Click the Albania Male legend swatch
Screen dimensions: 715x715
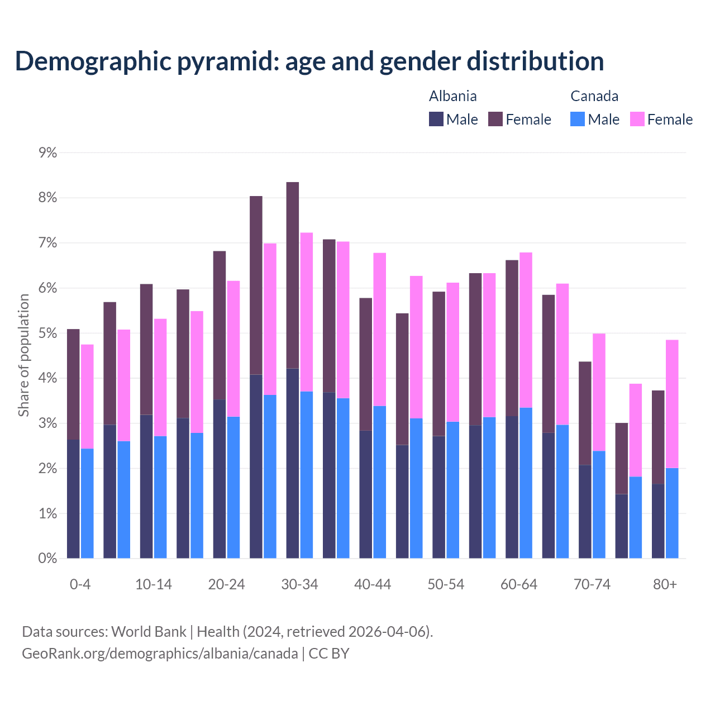pyautogui.click(x=436, y=119)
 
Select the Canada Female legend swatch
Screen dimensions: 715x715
pyautogui.click(x=637, y=119)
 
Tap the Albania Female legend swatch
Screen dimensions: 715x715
pyautogui.click(x=495, y=119)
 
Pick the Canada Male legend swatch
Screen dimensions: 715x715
pyautogui.click(x=578, y=119)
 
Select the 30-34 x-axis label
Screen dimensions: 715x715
pyautogui.click(x=299, y=584)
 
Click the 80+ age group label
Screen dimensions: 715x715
pyautogui.click(x=665, y=584)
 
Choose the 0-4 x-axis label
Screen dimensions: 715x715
pyautogui.click(x=80, y=584)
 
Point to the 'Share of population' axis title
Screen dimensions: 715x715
pyautogui.click(x=23, y=355)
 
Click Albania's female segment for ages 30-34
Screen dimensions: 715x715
pyautogui.click(x=292, y=275)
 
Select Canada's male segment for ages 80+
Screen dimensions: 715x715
pyautogui.click(x=672, y=513)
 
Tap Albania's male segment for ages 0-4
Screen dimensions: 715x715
pyautogui.click(x=73, y=498)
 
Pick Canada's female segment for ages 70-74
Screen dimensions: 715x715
pyautogui.click(x=599, y=392)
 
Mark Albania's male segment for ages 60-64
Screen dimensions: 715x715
pyautogui.click(x=512, y=487)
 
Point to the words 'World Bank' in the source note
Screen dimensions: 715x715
pyautogui.click(x=149, y=632)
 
